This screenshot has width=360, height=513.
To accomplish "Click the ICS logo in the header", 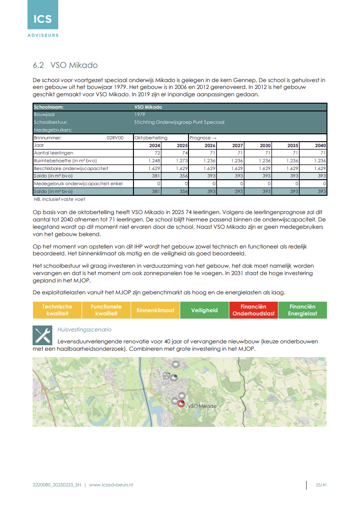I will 43,19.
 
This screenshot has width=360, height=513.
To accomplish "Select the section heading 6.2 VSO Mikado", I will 65,65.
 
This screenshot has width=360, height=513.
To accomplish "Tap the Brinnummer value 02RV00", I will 115,138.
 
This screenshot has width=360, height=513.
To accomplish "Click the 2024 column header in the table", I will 155,145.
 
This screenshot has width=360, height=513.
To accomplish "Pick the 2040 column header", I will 321,145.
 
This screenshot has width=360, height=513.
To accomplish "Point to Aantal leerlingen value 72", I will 157,153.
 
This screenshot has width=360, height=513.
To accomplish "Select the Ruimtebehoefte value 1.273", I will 182,160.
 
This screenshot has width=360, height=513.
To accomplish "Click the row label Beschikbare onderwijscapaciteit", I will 71,168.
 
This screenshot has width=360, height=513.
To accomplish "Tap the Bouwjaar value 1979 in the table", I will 139,114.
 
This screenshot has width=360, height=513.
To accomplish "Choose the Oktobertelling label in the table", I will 151,138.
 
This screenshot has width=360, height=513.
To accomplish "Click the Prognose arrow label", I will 203,138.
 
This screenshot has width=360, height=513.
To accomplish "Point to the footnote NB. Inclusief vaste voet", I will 59,199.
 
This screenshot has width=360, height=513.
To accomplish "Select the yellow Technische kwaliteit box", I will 57,310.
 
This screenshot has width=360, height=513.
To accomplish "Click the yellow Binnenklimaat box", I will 155,310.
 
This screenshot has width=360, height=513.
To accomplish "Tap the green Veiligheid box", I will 205,310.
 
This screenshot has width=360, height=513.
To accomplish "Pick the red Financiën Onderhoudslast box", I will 254,310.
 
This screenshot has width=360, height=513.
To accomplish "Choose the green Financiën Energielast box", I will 303,310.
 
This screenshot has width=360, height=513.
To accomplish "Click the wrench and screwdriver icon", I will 42,335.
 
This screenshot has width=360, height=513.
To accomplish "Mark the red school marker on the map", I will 181,403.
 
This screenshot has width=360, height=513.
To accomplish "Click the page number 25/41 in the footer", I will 321,485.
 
